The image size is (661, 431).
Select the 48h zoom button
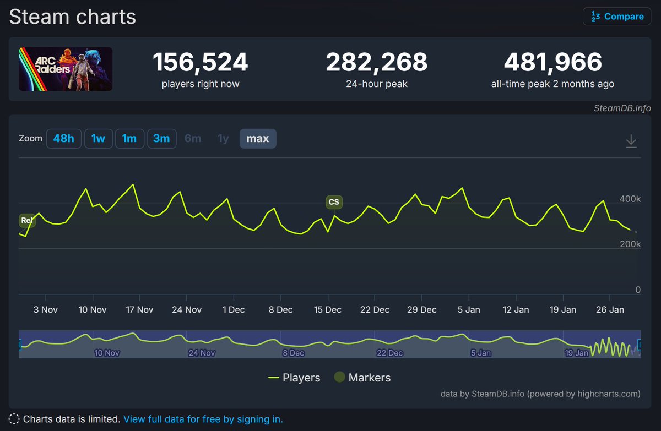click(x=63, y=139)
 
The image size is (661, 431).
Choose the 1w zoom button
click(x=98, y=139)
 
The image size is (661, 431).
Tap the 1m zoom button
click(x=129, y=139)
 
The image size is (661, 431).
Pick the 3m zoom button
click(x=161, y=139)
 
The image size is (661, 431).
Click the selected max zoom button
click(x=258, y=139)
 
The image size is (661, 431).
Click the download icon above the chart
click(x=631, y=141)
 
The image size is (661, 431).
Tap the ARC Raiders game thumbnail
click(x=66, y=69)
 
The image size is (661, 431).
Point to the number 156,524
click(x=201, y=62)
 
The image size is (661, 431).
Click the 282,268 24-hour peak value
click(x=377, y=62)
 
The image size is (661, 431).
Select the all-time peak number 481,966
click(x=552, y=62)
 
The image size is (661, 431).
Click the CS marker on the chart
click(x=334, y=202)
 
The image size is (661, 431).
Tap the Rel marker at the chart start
click(x=26, y=221)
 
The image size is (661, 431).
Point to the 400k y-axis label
click(x=629, y=199)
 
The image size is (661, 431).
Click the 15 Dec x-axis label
click(x=328, y=310)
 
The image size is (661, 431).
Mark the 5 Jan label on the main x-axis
click(x=469, y=310)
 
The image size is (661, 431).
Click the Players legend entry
click(x=294, y=378)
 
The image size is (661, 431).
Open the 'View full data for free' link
click(x=203, y=419)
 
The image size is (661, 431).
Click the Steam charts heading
click(x=72, y=17)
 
